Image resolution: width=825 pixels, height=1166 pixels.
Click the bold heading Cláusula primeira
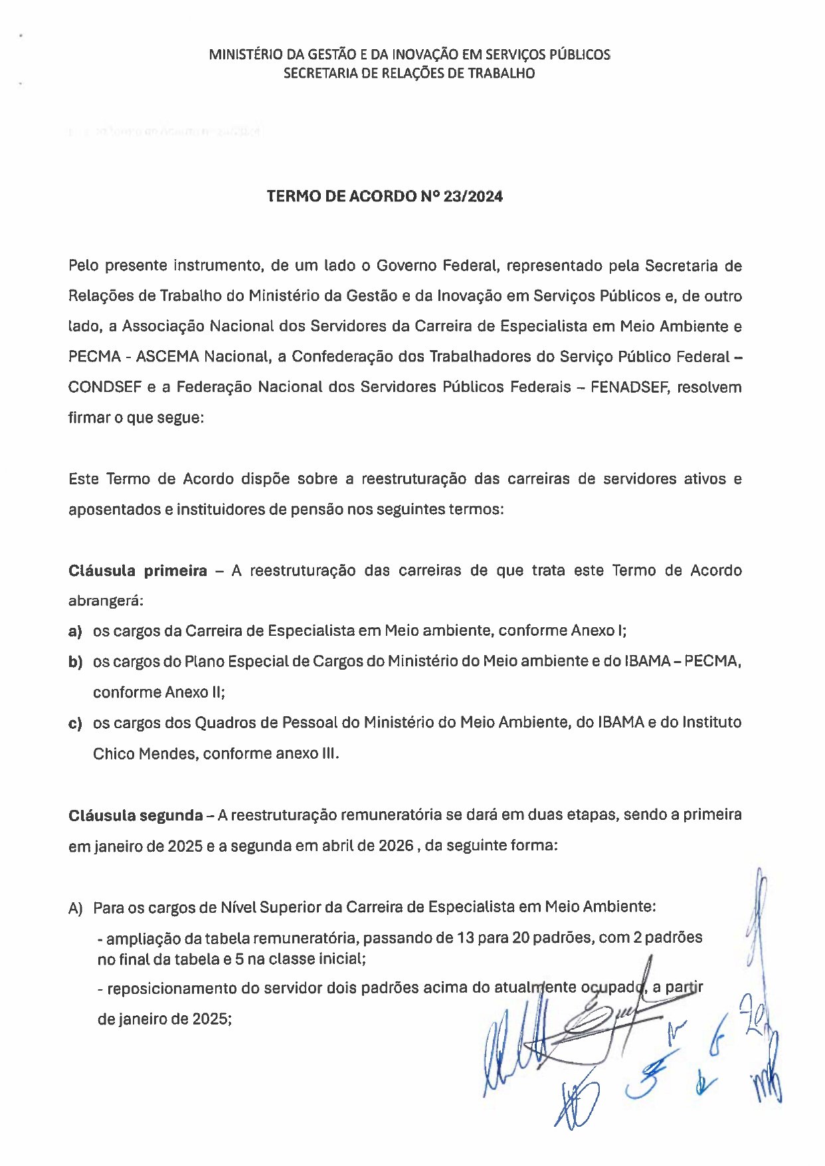pyautogui.click(x=137, y=571)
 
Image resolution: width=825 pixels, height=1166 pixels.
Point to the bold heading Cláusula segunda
pyautogui.click(x=136, y=815)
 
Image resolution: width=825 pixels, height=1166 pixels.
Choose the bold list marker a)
pyautogui.click(x=75, y=631)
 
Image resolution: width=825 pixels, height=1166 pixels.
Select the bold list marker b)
pyautogui.click(x=75, y=662)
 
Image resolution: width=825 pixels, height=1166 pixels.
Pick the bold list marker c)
pyautogui.click(x=75, y=723)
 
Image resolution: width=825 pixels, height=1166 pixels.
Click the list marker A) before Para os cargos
pyautogui.click(x=76, y=908)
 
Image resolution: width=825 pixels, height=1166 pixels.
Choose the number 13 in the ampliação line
pyautogui.click(x=466, y=938)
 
